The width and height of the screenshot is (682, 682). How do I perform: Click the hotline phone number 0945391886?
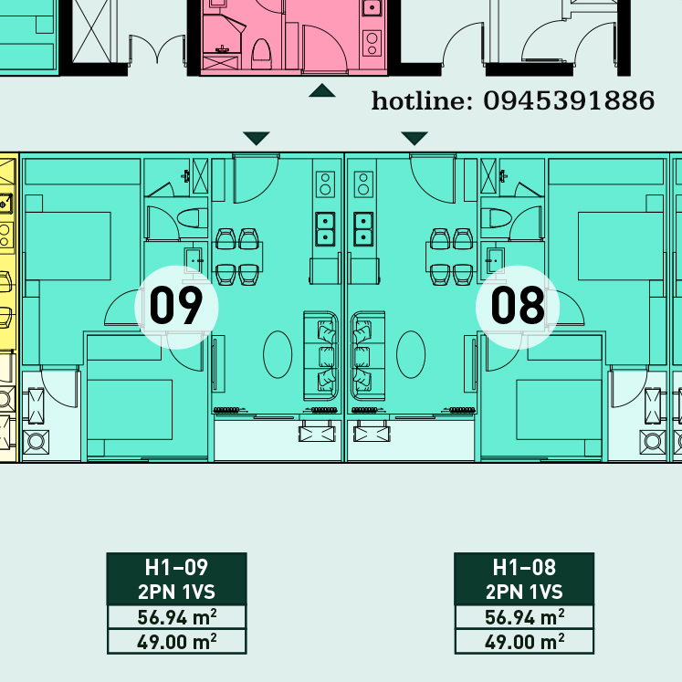coord(569,100)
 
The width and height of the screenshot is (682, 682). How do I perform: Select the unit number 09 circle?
coord(176,307)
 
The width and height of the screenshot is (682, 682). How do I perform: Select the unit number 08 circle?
coord(518,307)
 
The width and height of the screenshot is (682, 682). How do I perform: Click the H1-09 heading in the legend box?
coord(176,567)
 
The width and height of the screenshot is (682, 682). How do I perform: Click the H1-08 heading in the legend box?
coord(524,567)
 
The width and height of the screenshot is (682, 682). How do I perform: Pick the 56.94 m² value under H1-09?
coord(176,617)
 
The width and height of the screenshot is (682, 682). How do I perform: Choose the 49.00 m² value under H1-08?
coord(524,642)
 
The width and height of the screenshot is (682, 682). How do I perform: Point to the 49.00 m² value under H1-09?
coord(176,642)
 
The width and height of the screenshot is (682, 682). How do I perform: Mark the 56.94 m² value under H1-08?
coord(524,617)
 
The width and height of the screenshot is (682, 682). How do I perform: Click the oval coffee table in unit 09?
coord(278,354)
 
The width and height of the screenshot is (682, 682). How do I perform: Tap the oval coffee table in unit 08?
coord(411,354)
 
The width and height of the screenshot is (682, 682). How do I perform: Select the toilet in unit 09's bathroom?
coord(193,218)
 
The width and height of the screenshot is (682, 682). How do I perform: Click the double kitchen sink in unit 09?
coord(325,229)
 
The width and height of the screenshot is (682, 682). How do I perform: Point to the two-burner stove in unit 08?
coord(363,184)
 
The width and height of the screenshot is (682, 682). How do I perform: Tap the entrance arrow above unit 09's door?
coord(257,138)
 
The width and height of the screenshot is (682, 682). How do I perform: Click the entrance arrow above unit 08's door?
coord(414,138)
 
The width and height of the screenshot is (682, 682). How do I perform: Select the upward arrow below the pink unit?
coord(322,90)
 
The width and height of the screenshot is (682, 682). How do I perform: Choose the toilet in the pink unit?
coord(261,54)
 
